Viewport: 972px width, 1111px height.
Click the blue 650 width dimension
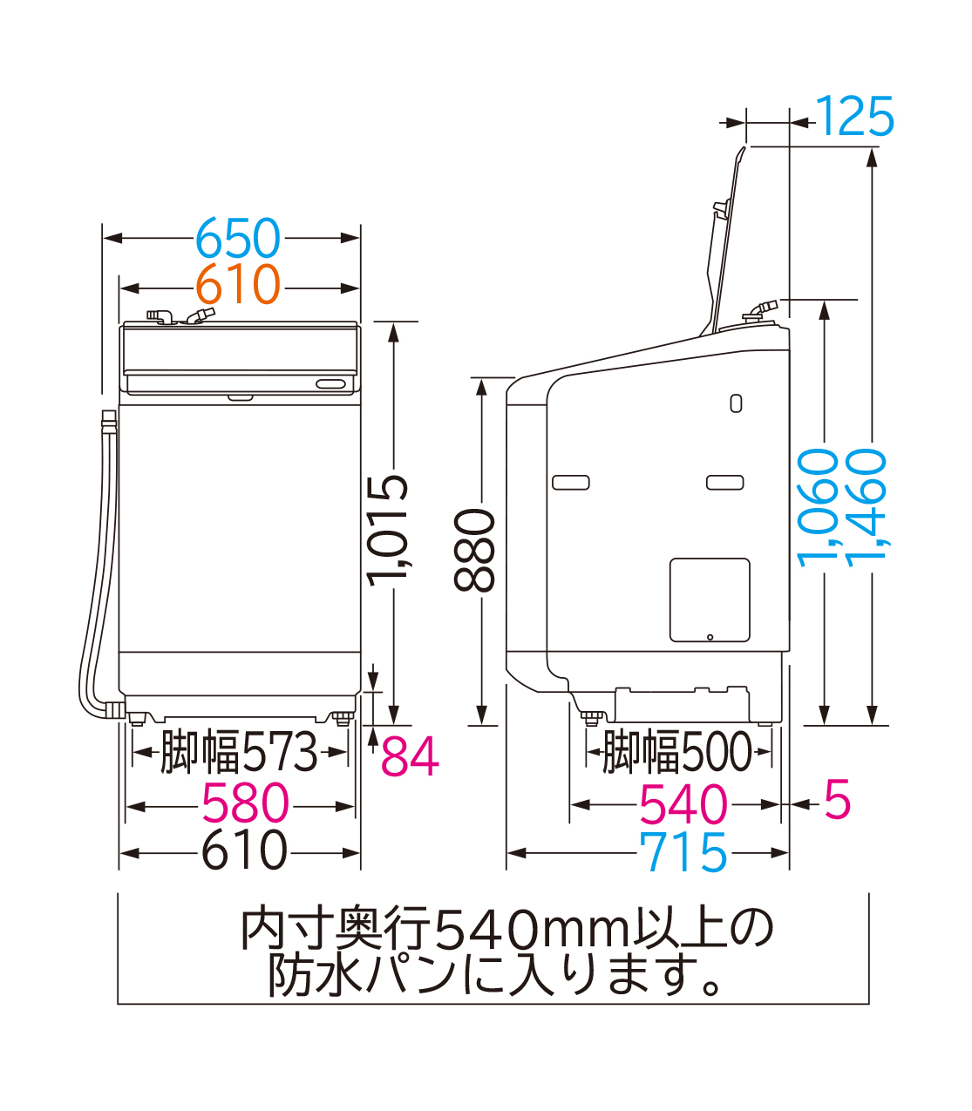pos(237,238)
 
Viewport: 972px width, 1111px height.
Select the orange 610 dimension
pos(237,285)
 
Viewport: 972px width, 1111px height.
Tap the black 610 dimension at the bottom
pos(243,851)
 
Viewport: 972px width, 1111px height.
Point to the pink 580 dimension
pos(245,804)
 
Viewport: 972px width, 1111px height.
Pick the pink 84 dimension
pos(410,756)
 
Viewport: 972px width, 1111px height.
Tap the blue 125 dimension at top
pos(855,118)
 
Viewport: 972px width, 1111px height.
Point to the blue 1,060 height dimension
pos(819,508)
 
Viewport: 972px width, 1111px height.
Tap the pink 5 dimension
pos(837,800)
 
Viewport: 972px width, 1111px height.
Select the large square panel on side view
pos(710,600)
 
